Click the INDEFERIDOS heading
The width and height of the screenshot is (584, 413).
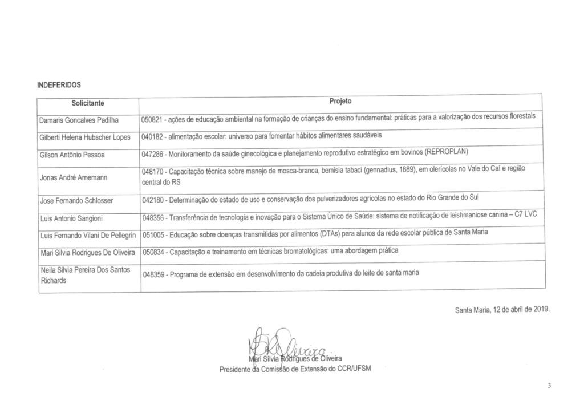tap(59, 85)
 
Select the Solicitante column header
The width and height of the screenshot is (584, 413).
tap(89, 106)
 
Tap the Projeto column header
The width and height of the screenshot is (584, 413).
tap(340, 101)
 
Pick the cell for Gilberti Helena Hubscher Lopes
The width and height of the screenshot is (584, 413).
tap(86, 137)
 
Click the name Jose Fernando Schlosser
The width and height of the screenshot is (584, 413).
tap(76, 200)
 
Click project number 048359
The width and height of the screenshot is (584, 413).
tap(153, 274)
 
